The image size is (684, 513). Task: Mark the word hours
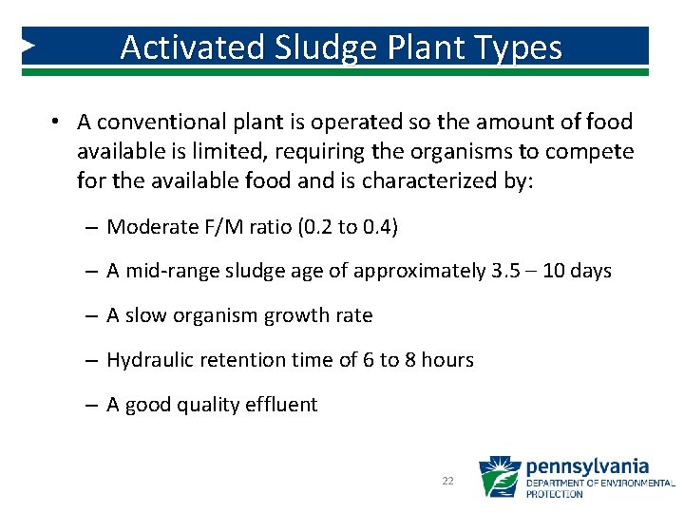(446, 360)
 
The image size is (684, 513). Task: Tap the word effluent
(282, 405)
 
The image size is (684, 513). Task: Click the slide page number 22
(448, 482)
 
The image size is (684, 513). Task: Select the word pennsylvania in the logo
(587, 466)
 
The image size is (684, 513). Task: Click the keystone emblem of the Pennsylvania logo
(500, 477)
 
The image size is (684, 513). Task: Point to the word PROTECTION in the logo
(555, 494)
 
